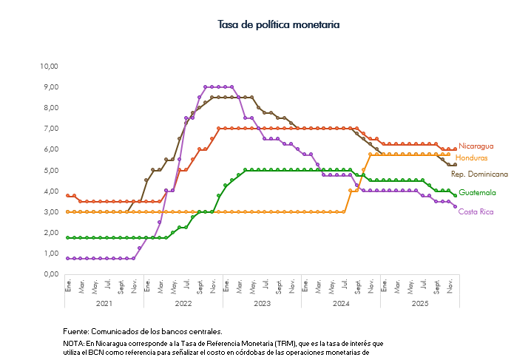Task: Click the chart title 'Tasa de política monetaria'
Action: pos(279,24)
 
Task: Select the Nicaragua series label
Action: pos(476,146)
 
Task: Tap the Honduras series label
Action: pos(472,158)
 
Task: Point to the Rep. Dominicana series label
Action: pos(479,174)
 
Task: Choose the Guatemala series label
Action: pos(477,193)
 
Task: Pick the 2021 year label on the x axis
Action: pos(104,303)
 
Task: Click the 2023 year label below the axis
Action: pos(262,303)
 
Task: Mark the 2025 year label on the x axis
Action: pos(420,303)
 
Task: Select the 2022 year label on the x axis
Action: pos(183,303)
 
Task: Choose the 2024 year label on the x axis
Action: pos(341,303)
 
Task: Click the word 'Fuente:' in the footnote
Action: pos(76,331)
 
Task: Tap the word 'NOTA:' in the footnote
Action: pos(74,344)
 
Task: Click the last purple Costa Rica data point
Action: pos(455,206)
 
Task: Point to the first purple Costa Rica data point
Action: pos(67,259)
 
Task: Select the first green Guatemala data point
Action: pos(67,238)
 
